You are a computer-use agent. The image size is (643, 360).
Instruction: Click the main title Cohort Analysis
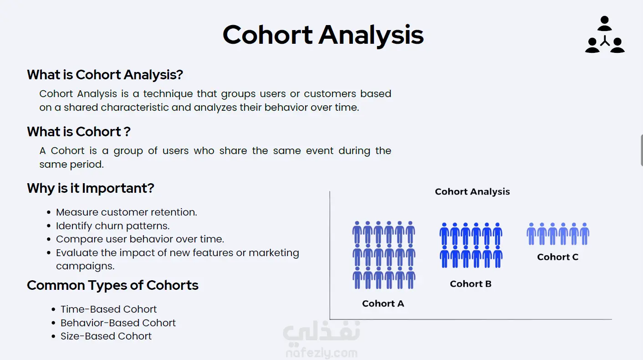323,36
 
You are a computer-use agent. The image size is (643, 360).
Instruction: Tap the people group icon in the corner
605,35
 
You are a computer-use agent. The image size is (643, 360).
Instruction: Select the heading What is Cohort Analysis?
105,75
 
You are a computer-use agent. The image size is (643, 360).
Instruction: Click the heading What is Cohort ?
79,132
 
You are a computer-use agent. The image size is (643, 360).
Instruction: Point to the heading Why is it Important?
91,189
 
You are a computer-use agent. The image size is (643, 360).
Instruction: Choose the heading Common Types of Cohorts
112,285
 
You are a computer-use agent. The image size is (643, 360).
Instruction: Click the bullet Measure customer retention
126,212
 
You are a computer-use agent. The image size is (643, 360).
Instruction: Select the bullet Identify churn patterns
112,226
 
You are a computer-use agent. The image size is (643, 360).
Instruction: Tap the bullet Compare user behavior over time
140,239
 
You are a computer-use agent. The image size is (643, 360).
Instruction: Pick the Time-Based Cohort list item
108,309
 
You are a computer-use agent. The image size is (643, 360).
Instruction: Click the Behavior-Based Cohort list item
118,323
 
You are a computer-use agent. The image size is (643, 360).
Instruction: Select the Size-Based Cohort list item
106,336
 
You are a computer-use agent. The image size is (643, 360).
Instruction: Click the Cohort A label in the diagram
383,303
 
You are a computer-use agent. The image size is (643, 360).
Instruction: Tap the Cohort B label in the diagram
470,284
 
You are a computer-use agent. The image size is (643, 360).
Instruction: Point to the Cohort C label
558,257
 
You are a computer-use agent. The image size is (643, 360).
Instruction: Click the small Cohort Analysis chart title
472,192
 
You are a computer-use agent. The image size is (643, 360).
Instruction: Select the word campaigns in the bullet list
85,266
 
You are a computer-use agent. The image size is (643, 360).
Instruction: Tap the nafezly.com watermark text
321,353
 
